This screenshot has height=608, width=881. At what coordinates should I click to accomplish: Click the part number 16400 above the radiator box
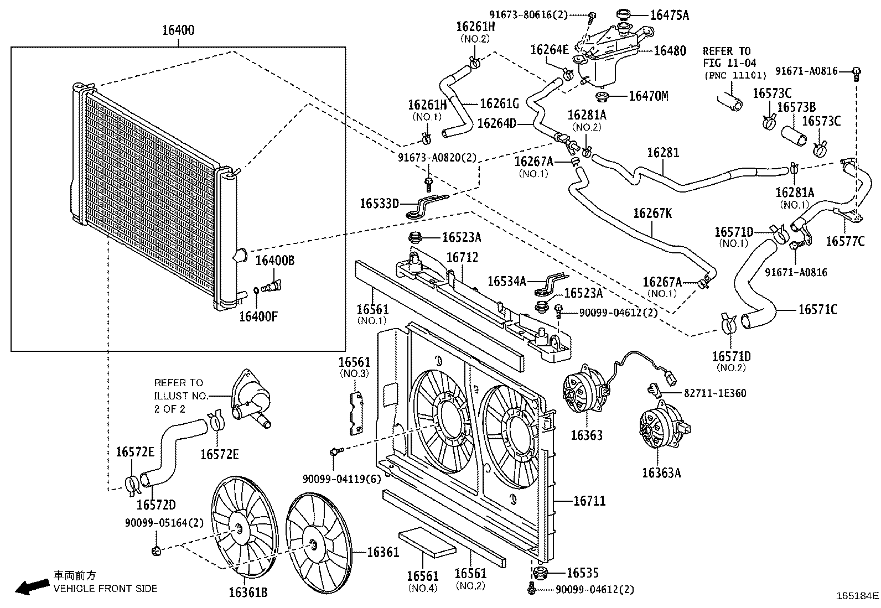point(178,30)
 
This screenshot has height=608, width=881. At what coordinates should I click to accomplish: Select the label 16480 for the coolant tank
point(670,51)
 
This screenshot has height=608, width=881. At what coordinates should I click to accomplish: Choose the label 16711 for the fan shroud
point(589,501)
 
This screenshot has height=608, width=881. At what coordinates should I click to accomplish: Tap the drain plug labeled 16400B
point(271,286)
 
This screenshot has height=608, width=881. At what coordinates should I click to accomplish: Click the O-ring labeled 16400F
point(256,290)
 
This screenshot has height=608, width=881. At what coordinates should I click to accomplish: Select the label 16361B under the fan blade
point(248,593)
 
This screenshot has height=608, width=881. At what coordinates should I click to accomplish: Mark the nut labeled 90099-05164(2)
point(156,551)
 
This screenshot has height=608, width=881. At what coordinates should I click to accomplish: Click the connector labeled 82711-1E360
point(654,389)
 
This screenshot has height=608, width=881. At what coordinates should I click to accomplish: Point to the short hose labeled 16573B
point(794,136)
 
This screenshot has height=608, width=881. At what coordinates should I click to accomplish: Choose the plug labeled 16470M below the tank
point(602,96)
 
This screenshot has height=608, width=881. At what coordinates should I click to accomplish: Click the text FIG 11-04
point(729,63)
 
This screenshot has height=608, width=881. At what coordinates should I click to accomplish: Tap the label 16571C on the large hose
point(818,309)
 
